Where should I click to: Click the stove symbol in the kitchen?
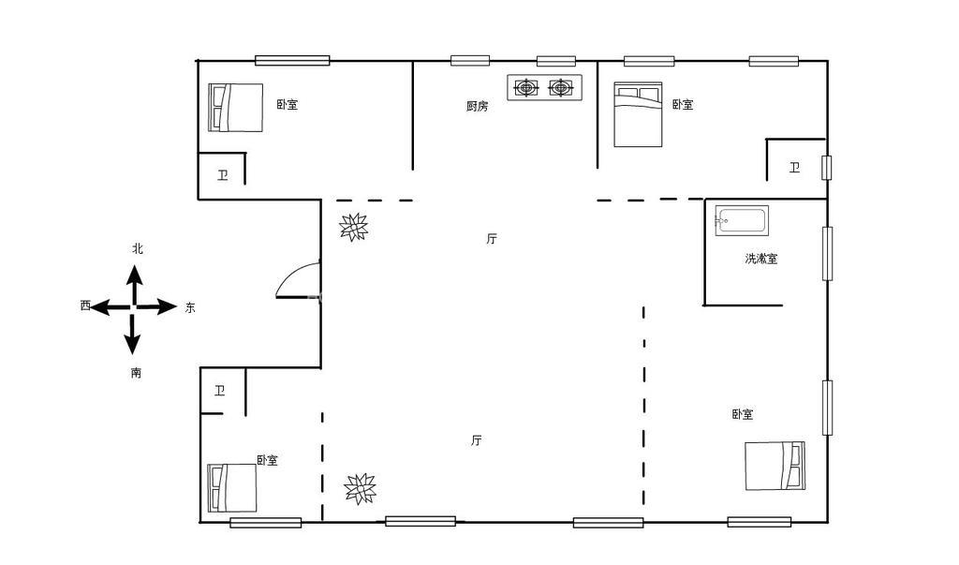544,87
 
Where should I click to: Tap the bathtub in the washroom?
742,220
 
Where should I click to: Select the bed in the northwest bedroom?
235,108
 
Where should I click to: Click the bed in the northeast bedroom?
638,114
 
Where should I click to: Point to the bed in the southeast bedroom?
775,466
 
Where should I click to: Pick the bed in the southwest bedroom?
232,488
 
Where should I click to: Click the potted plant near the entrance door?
353,227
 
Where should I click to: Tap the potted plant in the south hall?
360,488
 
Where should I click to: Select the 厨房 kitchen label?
477,106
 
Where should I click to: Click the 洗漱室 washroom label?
761,259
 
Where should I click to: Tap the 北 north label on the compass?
138,248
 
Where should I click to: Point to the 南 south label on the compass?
136,372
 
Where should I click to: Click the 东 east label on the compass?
190,307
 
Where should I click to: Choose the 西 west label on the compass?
85,305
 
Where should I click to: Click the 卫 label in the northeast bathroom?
794,167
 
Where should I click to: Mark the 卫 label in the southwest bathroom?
219,390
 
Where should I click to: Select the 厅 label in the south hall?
477,440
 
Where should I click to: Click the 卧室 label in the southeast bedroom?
743,414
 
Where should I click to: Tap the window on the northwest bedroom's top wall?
292,60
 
